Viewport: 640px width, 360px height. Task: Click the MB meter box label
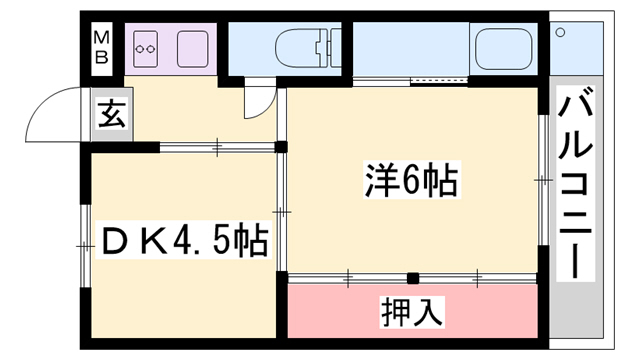[102, 47]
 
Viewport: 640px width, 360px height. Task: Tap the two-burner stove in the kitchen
[148, 47]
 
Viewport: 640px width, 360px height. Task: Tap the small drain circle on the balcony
[559, 32]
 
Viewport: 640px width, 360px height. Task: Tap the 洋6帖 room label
[409, 182]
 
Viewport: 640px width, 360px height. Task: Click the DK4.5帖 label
[184, 240]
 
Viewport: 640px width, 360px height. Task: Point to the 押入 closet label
[412, 312]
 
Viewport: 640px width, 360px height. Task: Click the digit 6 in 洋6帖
[409, 182]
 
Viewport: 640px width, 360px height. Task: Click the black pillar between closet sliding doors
[412, 278]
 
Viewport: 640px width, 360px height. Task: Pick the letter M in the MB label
[102, 38]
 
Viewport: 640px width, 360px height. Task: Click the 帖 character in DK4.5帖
[252, 240]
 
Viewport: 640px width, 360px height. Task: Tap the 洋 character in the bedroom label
[378, 182]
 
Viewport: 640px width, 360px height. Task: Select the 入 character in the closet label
[428, 312]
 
